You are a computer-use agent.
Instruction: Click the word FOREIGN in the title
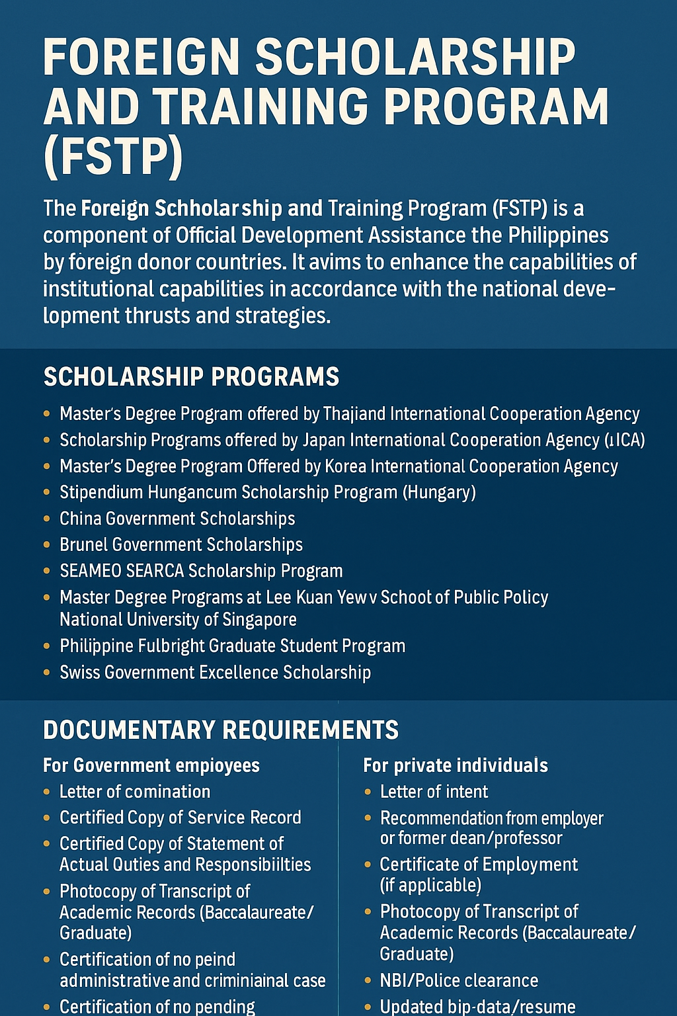coord(141,58)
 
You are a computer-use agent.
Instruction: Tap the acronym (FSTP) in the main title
coord(113,156)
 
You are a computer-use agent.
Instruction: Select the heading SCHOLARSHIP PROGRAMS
coord(191,377)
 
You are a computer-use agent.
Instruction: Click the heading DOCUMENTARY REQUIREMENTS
coord(221,730)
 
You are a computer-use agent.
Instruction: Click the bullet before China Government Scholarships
coord(46,519)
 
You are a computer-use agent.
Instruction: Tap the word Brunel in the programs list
coord(83,545)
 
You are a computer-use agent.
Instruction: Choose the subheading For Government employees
coord(151,766)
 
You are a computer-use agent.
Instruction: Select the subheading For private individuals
coord(456,766)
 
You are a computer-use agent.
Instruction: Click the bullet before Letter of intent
coord(368,792)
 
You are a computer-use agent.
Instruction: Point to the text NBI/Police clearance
coord(459,981)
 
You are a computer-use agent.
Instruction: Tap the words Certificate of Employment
coord(479,865)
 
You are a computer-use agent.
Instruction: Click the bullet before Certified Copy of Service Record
coord(46,818)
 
